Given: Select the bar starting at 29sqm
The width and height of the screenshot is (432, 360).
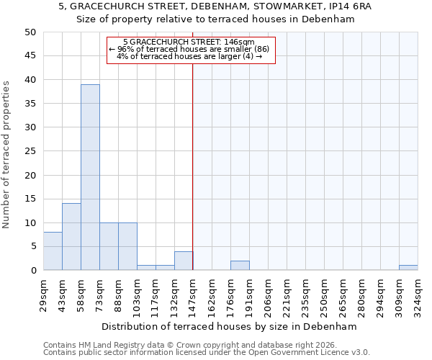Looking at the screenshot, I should pos(53,251).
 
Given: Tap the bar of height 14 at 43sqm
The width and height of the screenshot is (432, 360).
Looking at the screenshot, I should pos(71,237).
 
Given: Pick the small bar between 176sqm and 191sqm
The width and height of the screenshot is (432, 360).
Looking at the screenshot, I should pos(240,266).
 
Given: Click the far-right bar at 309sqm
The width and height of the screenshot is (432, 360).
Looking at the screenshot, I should pos(408,268).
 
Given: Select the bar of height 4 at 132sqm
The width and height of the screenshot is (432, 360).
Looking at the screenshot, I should pos(184,261).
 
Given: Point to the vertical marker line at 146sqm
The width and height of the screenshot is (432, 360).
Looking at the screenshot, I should pos(192,166).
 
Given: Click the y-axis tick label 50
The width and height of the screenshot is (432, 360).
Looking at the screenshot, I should pos(30,32).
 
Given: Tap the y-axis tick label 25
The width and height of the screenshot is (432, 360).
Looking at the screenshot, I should pos(30,151).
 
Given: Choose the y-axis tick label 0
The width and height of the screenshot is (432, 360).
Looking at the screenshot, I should pos(32,271).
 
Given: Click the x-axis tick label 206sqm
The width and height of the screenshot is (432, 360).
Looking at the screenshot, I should pos(269,294).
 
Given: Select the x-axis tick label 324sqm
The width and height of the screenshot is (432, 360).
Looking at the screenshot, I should pos(418,294).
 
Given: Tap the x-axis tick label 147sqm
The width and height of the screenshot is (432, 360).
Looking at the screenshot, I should pos(194,294).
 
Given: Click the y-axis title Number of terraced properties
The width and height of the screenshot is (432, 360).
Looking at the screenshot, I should pos(7,154).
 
